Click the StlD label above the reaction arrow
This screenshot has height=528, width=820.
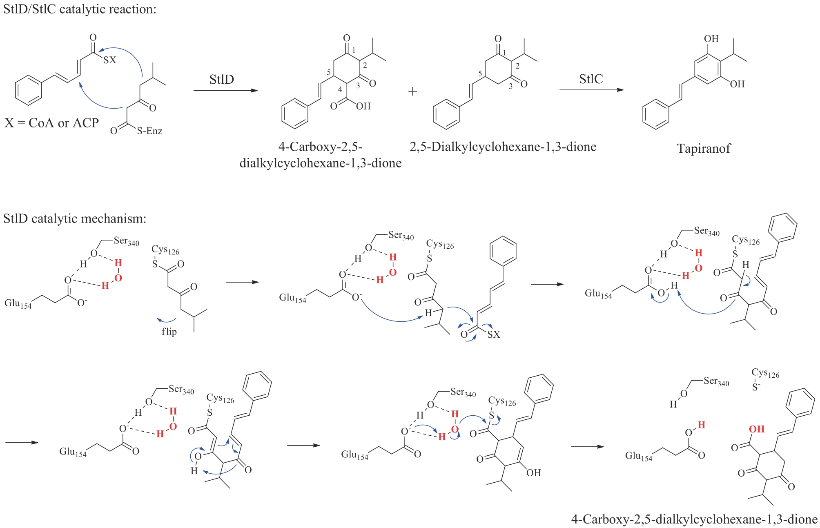pos(222,79)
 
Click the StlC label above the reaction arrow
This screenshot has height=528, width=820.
pos(591,79)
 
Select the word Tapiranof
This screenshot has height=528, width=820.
pos(704,148)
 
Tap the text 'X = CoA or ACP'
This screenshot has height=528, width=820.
pos(52,123)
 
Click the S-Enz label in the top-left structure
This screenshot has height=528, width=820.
pos(149,131)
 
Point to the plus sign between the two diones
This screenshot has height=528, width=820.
pos(412,91)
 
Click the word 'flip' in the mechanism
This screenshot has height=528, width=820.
pos(169,331)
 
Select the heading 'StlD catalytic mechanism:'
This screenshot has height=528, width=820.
pos(75,218)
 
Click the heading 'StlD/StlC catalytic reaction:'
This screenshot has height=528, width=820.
pos(80,9)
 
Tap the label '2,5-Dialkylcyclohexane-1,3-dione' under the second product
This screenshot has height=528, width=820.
pos(503,147)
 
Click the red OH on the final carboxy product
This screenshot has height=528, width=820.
pos(757,429)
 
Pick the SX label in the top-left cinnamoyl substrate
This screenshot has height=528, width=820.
pos(110,60)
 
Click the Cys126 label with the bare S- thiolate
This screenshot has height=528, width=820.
pos(765,373)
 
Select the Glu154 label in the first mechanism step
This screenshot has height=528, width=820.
pos(18,303)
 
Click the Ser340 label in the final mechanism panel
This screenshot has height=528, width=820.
pos(716,381)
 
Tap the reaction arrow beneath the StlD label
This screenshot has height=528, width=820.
pos(226,90)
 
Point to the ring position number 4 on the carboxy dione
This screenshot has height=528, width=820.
pos(340,89)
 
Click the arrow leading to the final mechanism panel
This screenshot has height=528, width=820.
pos(587,447)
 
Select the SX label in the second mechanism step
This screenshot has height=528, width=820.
pos(494,334)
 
